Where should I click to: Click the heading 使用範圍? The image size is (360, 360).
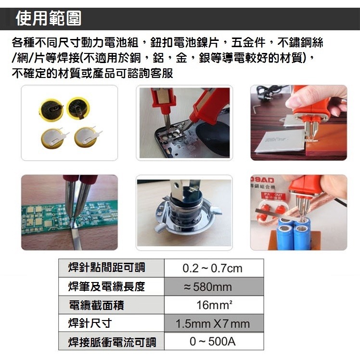48,19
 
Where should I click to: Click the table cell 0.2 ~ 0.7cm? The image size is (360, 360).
213,268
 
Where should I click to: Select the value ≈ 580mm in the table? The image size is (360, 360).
213,287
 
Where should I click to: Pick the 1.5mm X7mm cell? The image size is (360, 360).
213,323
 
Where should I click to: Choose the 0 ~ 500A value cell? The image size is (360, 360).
213,342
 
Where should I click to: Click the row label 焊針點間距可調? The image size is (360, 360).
107,268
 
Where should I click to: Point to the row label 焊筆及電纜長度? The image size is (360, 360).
107,287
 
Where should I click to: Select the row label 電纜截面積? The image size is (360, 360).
97,306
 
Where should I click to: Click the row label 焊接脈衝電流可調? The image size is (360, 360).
112,342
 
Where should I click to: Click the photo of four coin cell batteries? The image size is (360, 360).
69,123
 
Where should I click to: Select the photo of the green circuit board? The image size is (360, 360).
69,212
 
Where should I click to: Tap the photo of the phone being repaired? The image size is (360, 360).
184,123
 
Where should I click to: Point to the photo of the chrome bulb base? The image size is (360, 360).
184,212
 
